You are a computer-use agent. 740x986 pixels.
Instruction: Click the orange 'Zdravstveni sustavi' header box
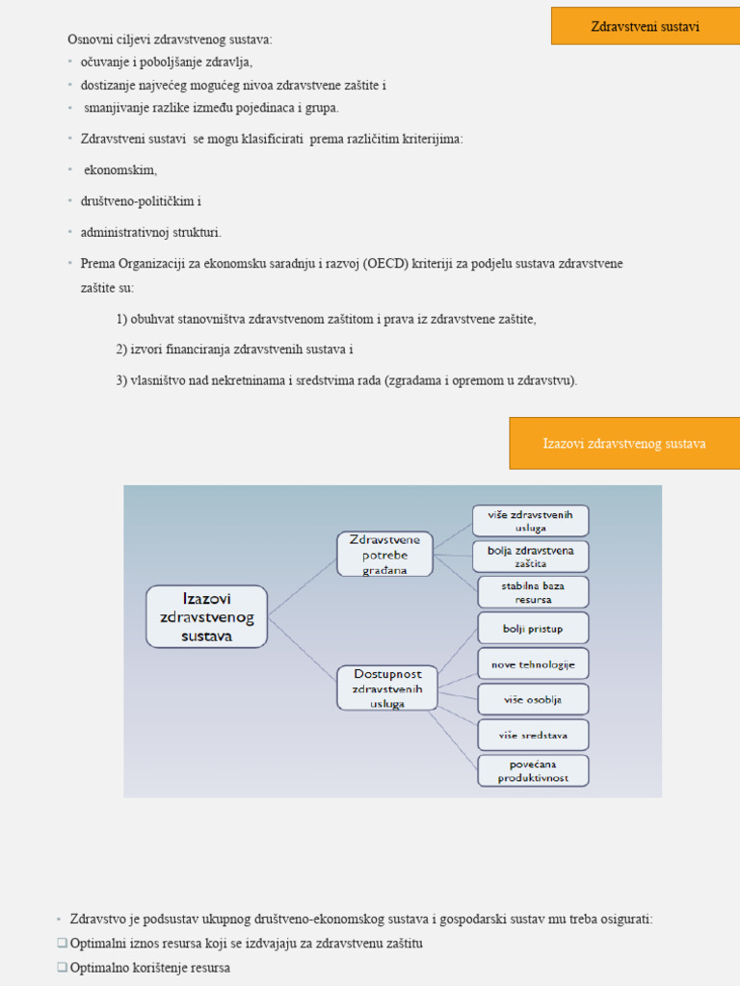coord(645,26)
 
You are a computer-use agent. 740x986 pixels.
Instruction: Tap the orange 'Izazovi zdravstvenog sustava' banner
coord(623,443)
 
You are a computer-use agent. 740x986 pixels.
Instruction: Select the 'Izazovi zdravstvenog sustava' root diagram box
coord(206,616)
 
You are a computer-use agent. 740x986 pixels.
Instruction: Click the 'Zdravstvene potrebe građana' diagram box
coord(384,554)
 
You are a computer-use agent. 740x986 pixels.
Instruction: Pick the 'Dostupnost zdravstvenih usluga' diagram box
coord(386,688)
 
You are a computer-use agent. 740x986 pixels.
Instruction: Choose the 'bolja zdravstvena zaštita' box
coord(531,557)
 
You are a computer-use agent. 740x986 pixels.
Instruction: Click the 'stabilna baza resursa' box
coord(533,592)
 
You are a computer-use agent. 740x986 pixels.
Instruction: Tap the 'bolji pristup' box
coord(533,629)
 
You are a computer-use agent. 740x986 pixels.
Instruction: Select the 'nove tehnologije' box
coord(533,664)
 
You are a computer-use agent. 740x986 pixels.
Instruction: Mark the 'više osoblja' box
coord(533,700)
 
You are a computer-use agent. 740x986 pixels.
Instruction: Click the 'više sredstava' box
coord(533,736)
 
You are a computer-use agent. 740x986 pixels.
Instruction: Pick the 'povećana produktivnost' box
coord(533,770)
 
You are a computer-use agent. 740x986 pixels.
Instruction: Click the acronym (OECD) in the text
coord(386,264)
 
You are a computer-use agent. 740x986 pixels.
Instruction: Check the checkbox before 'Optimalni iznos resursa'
coord(62,944)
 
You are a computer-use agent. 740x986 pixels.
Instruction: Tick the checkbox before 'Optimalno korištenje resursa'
coord(62,968)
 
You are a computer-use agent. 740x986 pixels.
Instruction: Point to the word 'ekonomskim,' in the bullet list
coord(120,170)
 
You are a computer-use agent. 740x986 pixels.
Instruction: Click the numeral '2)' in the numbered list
coord(122,350)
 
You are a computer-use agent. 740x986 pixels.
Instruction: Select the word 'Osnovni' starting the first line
coord(87,39)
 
